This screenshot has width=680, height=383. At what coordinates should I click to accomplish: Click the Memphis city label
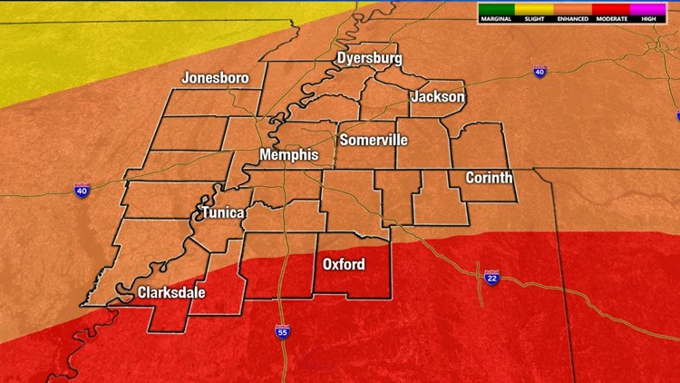point(289,155)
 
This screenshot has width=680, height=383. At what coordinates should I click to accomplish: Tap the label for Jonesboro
point(215,78)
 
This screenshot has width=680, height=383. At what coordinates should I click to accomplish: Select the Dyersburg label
point(369,59)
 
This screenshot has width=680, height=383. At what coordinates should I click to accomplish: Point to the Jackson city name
point(438,97)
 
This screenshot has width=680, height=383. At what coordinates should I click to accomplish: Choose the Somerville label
point(374,141)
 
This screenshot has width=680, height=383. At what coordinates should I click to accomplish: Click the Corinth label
point(489,178)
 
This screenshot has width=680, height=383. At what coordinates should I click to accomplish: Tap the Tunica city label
point(222,213)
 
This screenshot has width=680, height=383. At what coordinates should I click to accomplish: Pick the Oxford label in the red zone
point(345,265)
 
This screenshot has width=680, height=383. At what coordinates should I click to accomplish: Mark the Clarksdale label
point(171,293)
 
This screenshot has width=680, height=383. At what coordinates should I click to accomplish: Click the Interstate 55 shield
point(283,332)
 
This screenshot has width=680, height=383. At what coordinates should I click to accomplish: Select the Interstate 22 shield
point(491,277)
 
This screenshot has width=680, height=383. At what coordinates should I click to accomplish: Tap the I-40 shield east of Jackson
point(539,71)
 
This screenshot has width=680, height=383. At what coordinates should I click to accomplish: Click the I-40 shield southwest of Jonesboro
point(83,190)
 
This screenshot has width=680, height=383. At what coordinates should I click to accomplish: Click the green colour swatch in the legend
point(497,10)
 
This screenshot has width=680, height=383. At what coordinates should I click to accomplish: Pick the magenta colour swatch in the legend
point(647,10)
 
